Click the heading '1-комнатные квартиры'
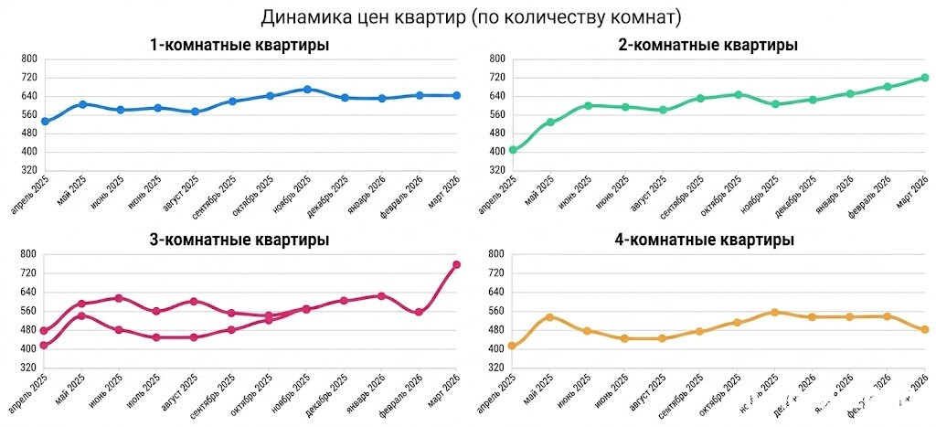[x=239, y=45]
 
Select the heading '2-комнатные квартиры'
[x=707, y=45]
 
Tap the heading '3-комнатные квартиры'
[x=239, y=240]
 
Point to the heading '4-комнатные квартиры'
[x=707, y=240]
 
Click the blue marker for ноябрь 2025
[x=307, y=90]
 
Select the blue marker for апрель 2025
[x=45, y=122]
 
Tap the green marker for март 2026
[x=925, y=78]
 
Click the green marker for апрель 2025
[x=513, y=150]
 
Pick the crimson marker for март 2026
[x=457, y=265]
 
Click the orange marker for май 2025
[x=550, y=317]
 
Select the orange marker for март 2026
[x=925, y=330]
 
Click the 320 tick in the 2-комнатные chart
[x=497, y=171]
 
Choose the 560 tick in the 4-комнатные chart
[x=497, y=311]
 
